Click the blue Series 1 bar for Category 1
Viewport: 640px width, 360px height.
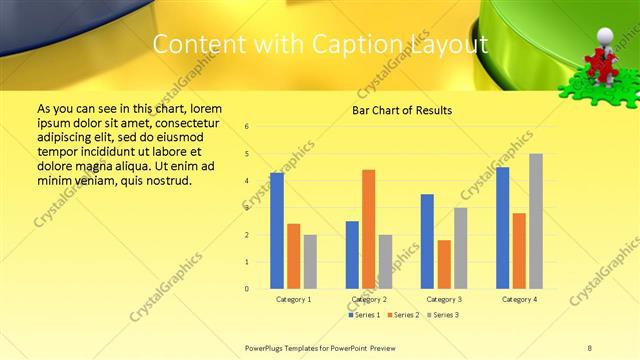pos(277,231)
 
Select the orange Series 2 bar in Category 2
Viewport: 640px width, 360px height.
pos(368,229)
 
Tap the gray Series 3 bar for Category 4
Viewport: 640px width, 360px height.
pos(536,221)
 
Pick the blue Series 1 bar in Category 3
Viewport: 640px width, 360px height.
pos(427,241)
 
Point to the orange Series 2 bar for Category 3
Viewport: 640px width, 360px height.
pos(444,264)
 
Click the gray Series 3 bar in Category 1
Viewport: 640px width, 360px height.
pos(310,261)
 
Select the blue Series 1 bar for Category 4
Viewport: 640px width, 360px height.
pos(502,228)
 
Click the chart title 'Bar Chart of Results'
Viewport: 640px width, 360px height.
pos(403,110)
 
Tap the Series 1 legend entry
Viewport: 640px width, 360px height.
pos(364,315)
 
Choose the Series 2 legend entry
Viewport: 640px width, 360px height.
pos(403,315)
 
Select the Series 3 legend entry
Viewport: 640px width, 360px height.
pos(442,315)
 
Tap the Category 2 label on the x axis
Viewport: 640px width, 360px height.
pos(368,299)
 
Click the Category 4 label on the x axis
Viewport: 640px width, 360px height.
pos(519,299)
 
